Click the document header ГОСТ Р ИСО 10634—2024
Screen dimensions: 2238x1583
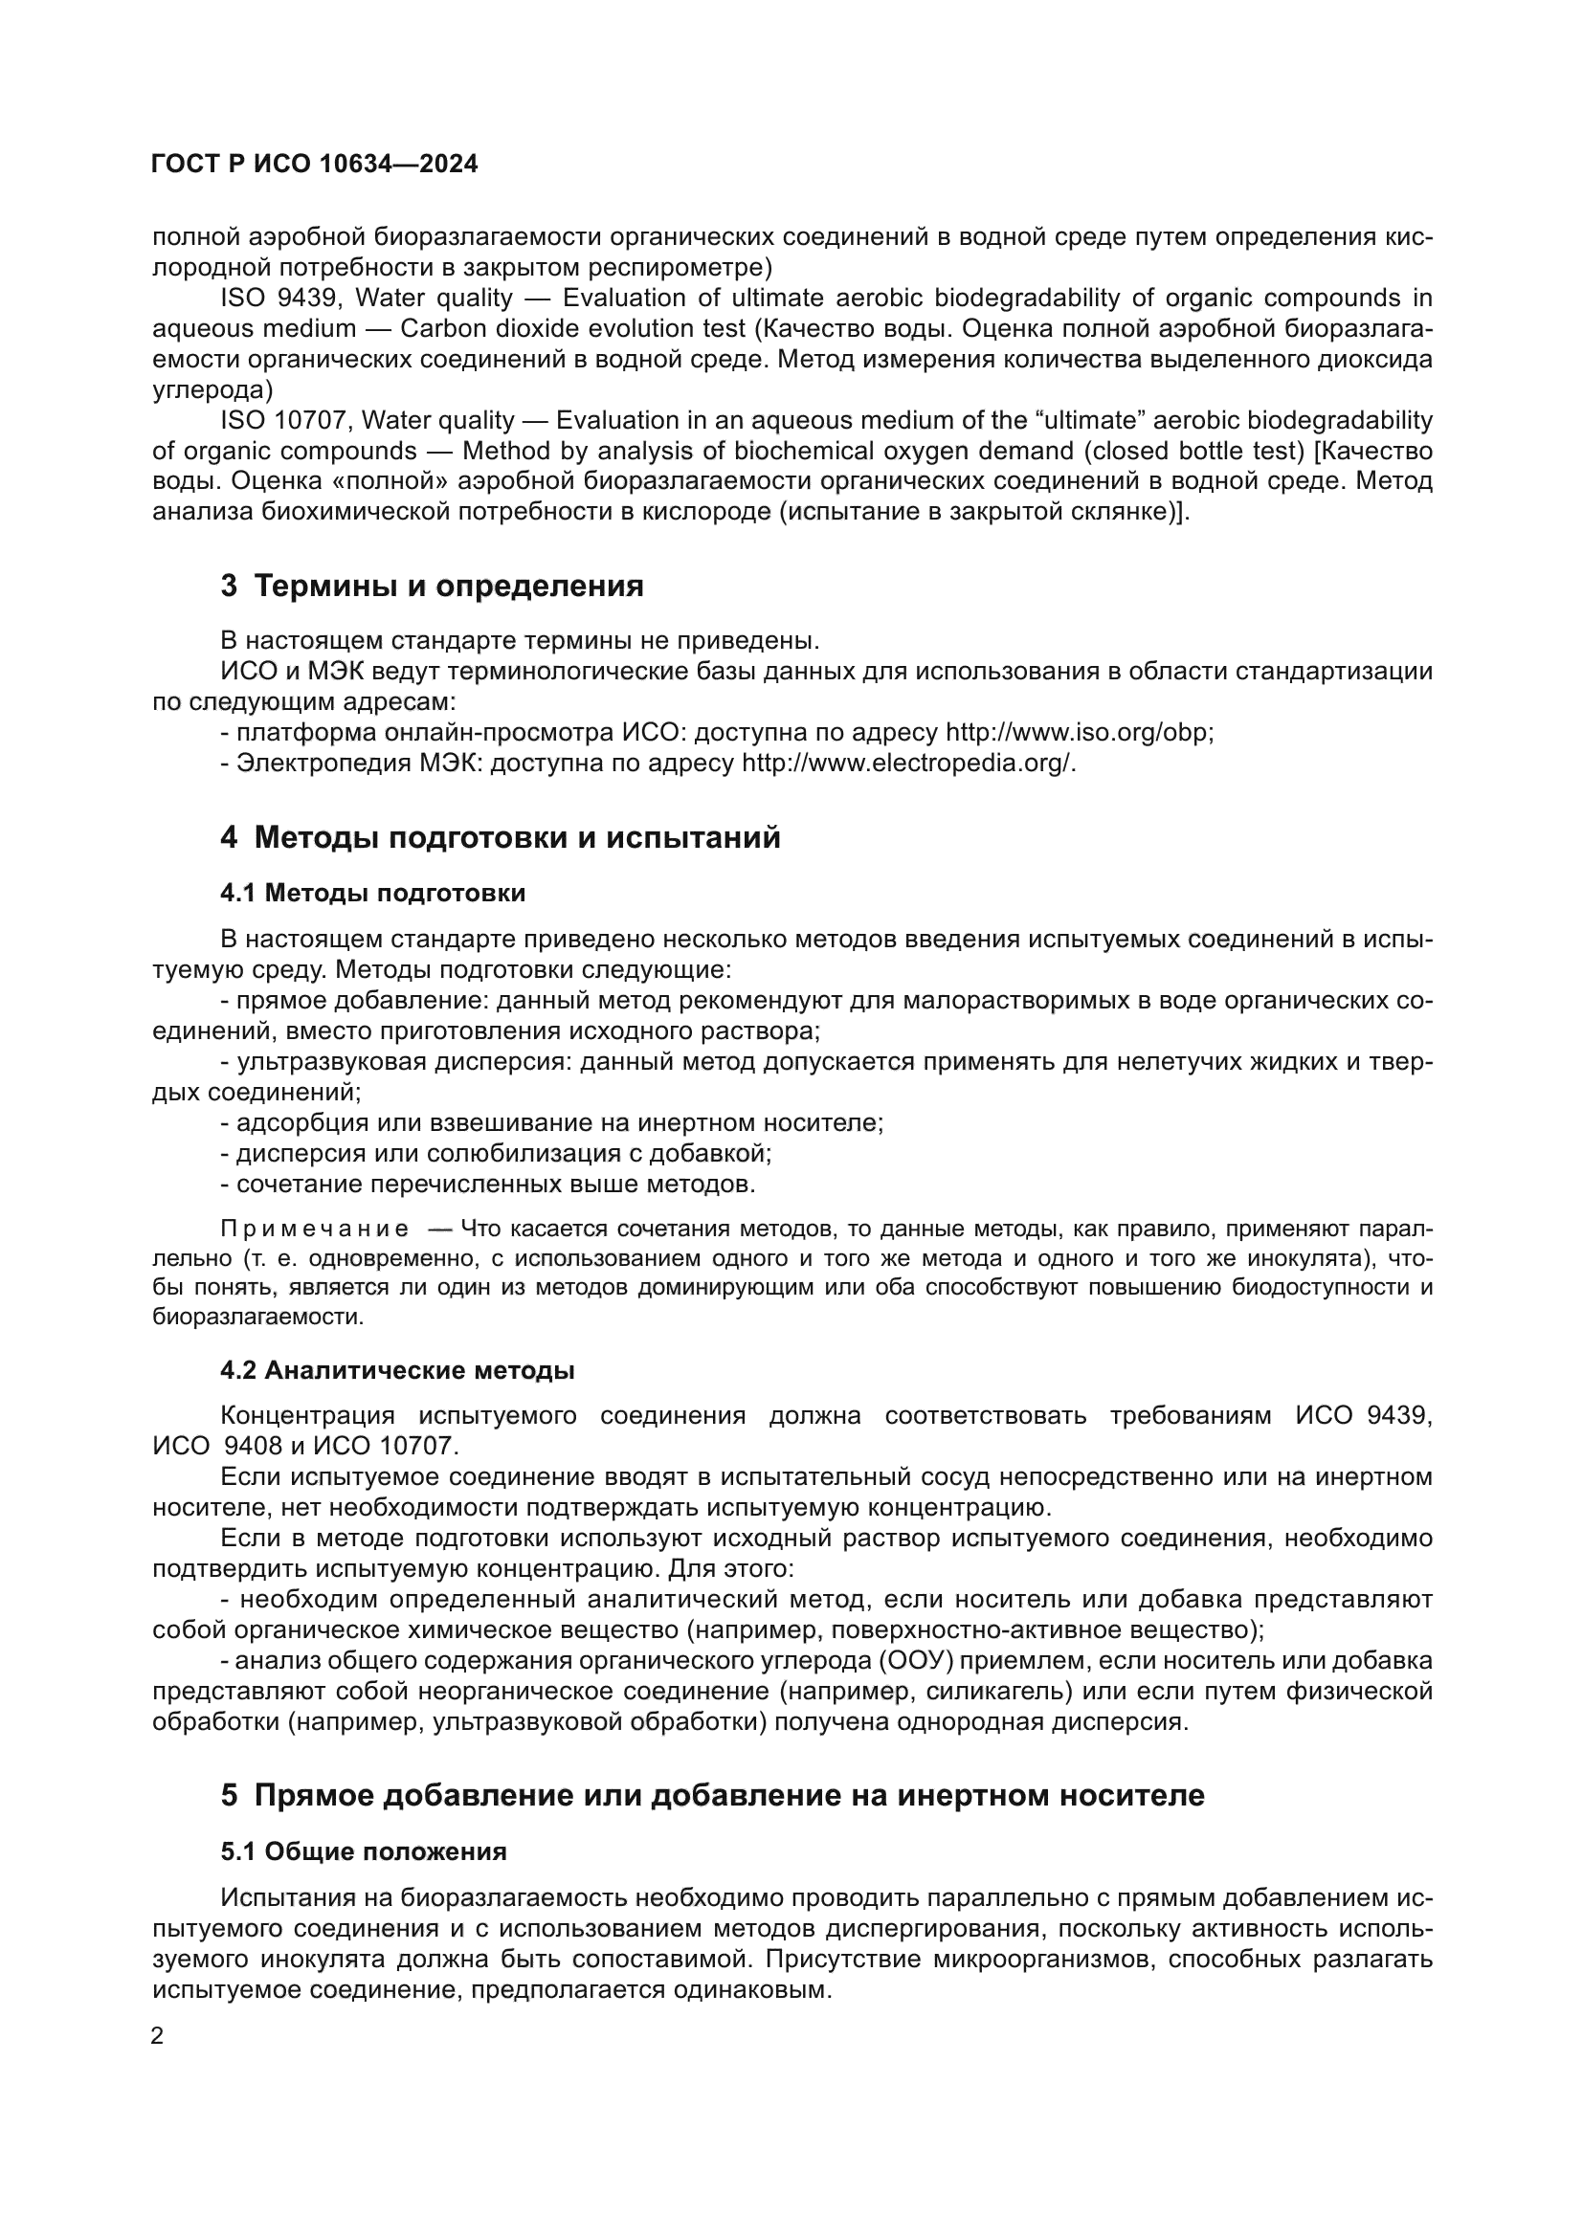pyautogui.click(x=315, y=164)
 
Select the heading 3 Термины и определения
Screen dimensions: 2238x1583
pyautogui.click(x=432, y=586)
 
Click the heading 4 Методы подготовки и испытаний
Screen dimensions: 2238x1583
pyautogui.click(x=500, y=836)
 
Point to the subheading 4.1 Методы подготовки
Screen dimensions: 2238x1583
pyautogui.click(x=372, y=893)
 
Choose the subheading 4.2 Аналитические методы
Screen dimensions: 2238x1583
pyautogui.click(x=397, y=1369)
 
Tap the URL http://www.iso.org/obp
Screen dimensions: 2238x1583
pyautogui.click(x=1077, y=732)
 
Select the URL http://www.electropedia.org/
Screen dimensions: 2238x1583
pyautogui.click(x=908, y=763)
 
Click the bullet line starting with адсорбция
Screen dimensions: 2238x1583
pyautogui.click(x=550, y=1123)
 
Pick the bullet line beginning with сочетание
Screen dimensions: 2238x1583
pyautogui.click(x=487, y=1185)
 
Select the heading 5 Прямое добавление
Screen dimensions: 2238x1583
pyautogui.click(x=711, y=1794)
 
